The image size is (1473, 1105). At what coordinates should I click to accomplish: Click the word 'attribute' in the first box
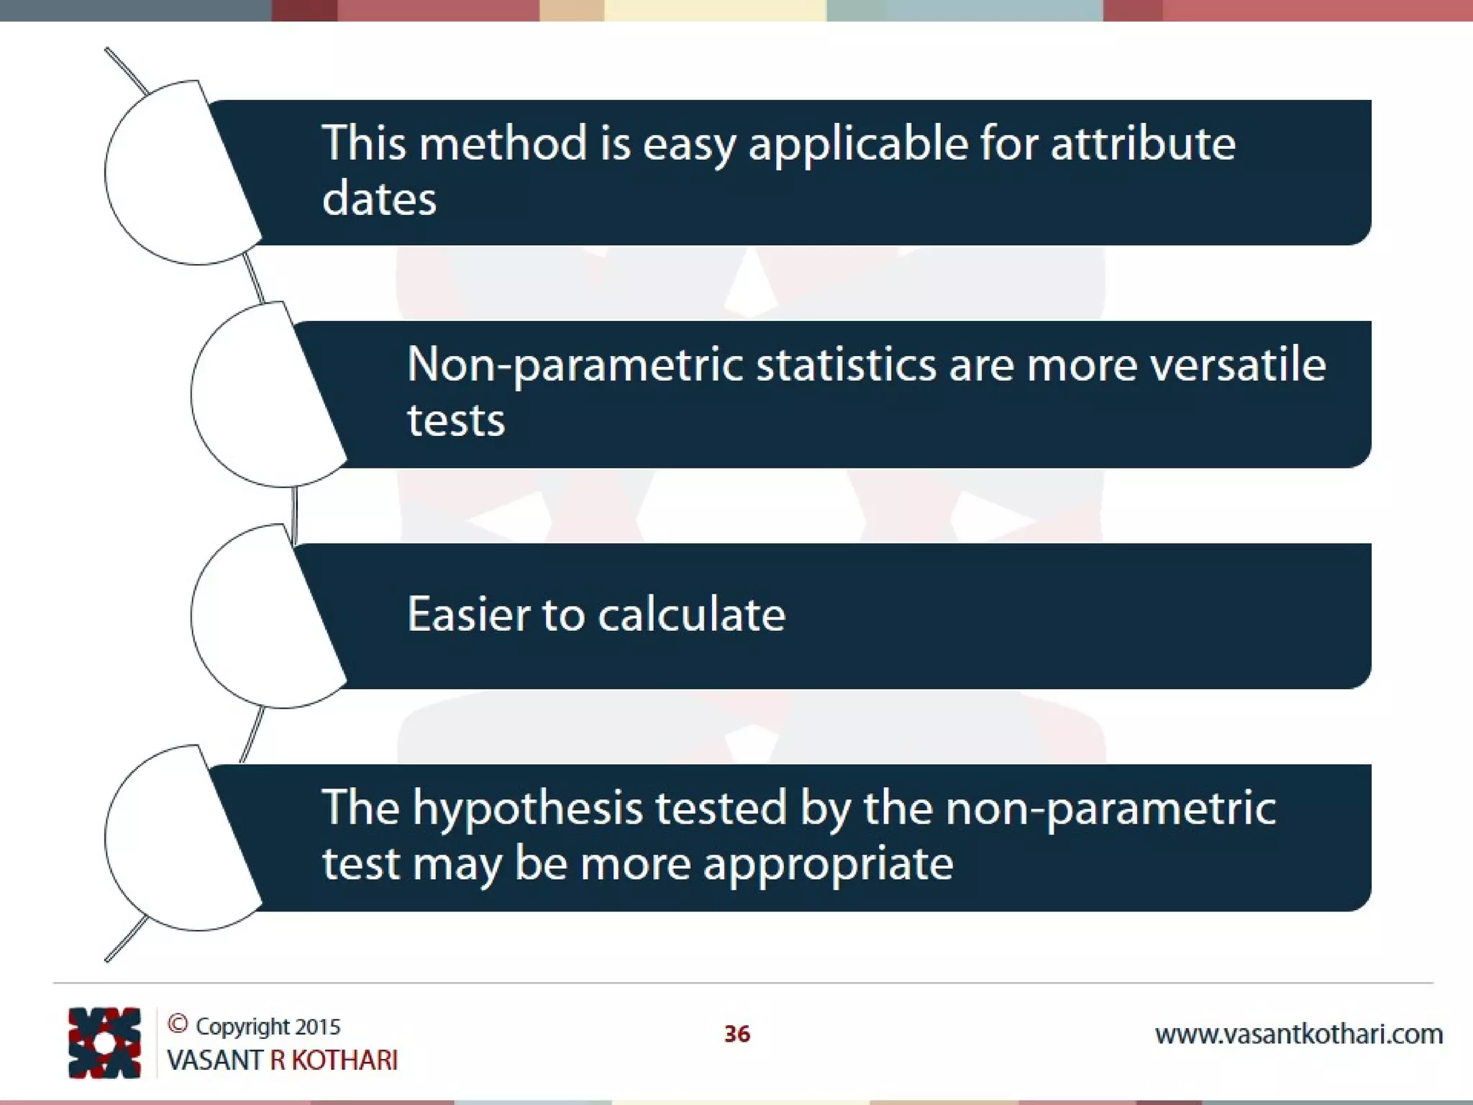[x=1143, y=143]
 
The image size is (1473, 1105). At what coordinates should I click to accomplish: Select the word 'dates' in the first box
[x=379, y=199]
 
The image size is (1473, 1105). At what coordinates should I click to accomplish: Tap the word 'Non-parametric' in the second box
[x=574, y=365]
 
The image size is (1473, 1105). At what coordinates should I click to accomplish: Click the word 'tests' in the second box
[x=456, y=420]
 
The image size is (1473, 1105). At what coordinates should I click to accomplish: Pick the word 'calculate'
[x=691, y=614]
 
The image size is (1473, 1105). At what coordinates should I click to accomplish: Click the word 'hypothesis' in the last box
[x=527, y=808]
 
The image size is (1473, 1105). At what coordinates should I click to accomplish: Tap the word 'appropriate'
[x=828, y=864]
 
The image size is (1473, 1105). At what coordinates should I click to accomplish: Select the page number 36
[x=736, y=1034]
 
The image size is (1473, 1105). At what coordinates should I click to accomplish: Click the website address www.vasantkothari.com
[x=1298, y=1034]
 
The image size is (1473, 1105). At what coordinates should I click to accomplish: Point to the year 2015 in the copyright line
[x=317, y=1027]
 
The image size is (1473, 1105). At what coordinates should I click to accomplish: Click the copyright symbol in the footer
[x=178, y=1024]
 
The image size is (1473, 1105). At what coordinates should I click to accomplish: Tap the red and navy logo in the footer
[x=104, y=1042]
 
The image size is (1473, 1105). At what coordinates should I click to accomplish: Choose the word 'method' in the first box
[x=503, y=143]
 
